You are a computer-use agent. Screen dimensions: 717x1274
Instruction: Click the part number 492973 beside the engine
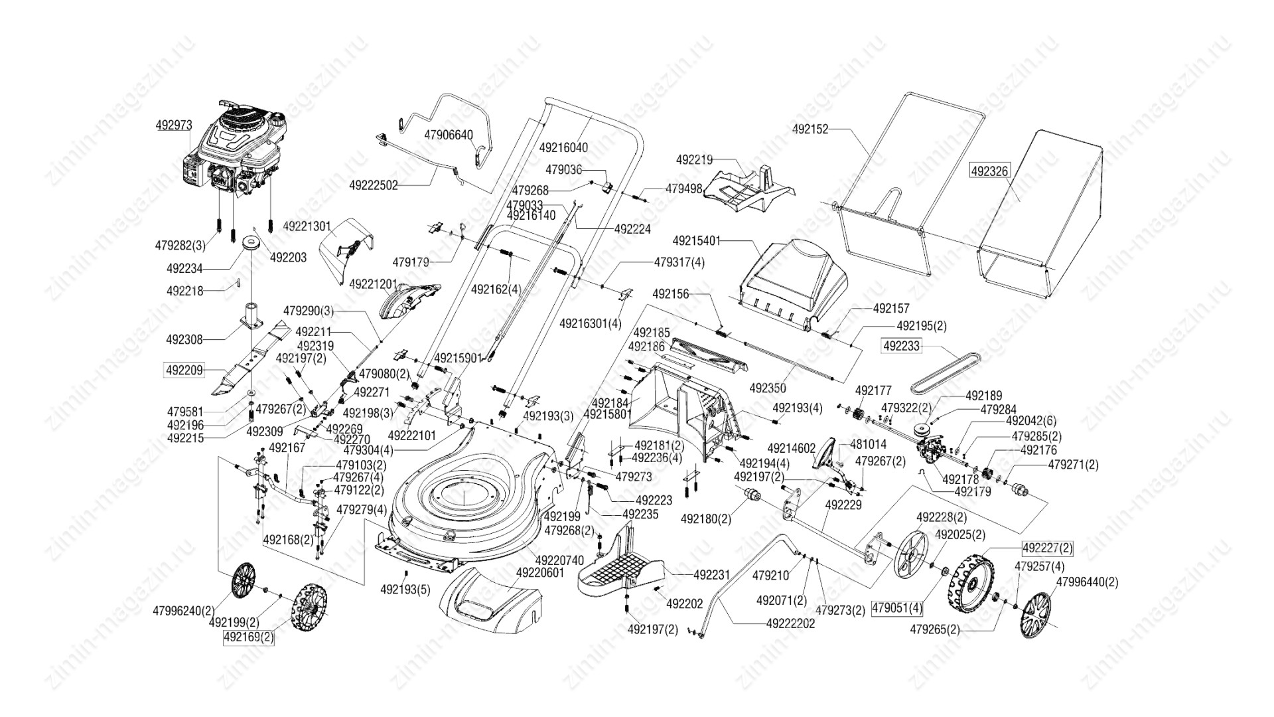click(174, 125)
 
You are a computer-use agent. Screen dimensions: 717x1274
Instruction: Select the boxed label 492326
click(989, 171)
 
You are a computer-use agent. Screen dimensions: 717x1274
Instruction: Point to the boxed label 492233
click(902, 346)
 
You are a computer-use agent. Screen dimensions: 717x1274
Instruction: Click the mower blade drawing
click(252, 358)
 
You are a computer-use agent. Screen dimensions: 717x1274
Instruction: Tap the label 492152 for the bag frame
click(810, 131)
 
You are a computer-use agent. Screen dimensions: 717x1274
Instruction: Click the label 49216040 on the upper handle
click(563, 147)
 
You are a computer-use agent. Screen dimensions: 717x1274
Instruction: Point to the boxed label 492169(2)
click(248, 638)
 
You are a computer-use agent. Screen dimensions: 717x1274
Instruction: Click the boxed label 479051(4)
click(897, 607)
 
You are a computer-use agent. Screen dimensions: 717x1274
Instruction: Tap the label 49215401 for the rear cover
click(696, 240)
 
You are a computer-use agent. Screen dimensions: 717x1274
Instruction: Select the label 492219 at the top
click(694, 159)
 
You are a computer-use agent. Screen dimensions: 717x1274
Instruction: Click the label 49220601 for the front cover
click(540, 572)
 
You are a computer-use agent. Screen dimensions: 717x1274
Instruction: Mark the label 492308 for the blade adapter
click(184, 339)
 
